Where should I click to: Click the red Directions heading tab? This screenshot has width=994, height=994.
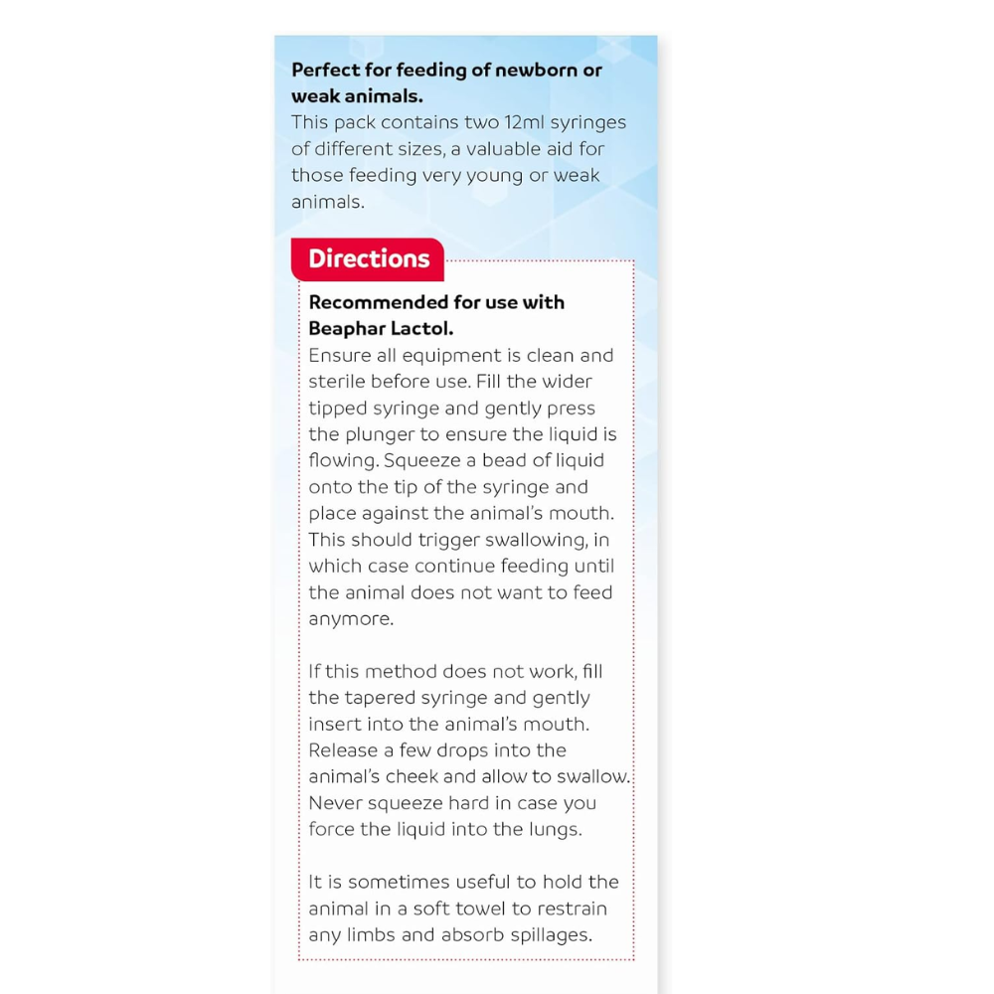(x=368, y=259)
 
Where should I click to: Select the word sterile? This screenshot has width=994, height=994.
(x=336, y=382)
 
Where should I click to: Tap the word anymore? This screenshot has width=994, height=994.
(x=350, y=618)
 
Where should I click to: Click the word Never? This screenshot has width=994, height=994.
(x=335, y=803)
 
